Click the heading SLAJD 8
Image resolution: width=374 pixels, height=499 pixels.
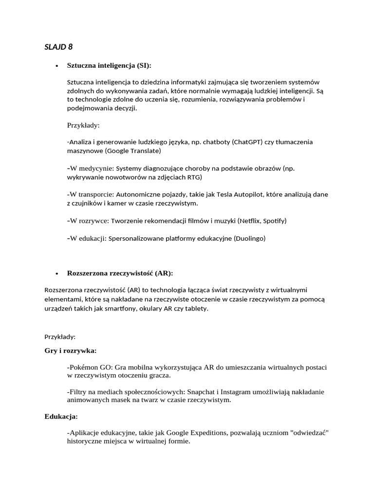[58, 47]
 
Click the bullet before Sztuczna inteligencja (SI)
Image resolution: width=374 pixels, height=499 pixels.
[57, 66]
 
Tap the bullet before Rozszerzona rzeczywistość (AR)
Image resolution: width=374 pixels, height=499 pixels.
[57, 273]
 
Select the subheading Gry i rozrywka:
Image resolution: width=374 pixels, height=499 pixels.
[70, 350]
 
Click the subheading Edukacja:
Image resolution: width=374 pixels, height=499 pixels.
[61, 417]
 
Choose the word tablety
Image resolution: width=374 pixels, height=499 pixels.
[196, 309]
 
